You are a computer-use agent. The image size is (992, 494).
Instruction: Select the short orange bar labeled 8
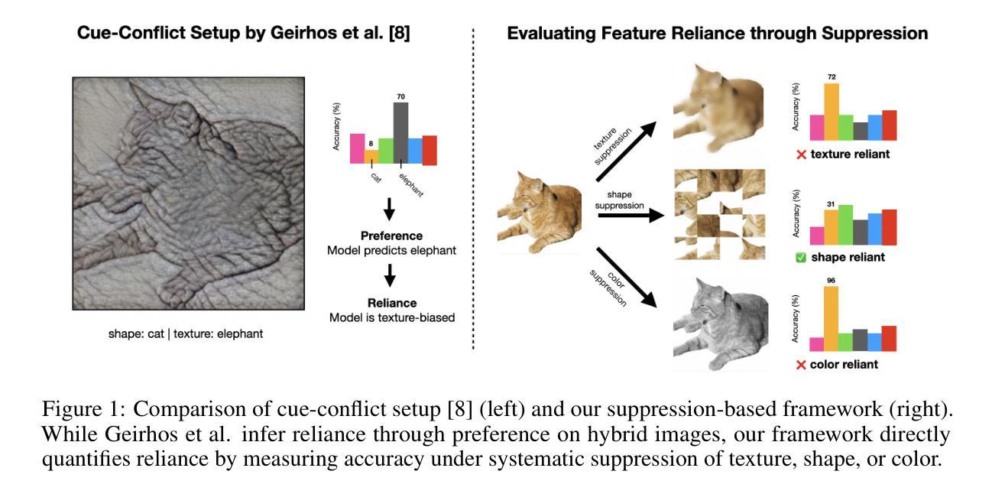(x=371, y=156)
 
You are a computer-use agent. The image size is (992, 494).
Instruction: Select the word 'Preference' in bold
(x=392, y=236)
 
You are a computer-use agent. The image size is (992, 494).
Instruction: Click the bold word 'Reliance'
(x=392, y=303)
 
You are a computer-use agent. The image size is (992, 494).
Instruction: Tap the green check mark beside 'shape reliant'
(x=801, y=258)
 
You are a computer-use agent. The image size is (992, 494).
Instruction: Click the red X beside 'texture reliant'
(x=802, y=154)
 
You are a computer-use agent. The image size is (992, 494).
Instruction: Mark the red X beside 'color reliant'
(x=801, y=365)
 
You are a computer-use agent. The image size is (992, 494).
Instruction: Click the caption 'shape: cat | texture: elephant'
(x=186, y=334)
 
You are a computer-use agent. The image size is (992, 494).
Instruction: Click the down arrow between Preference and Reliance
(x=389, y=274)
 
